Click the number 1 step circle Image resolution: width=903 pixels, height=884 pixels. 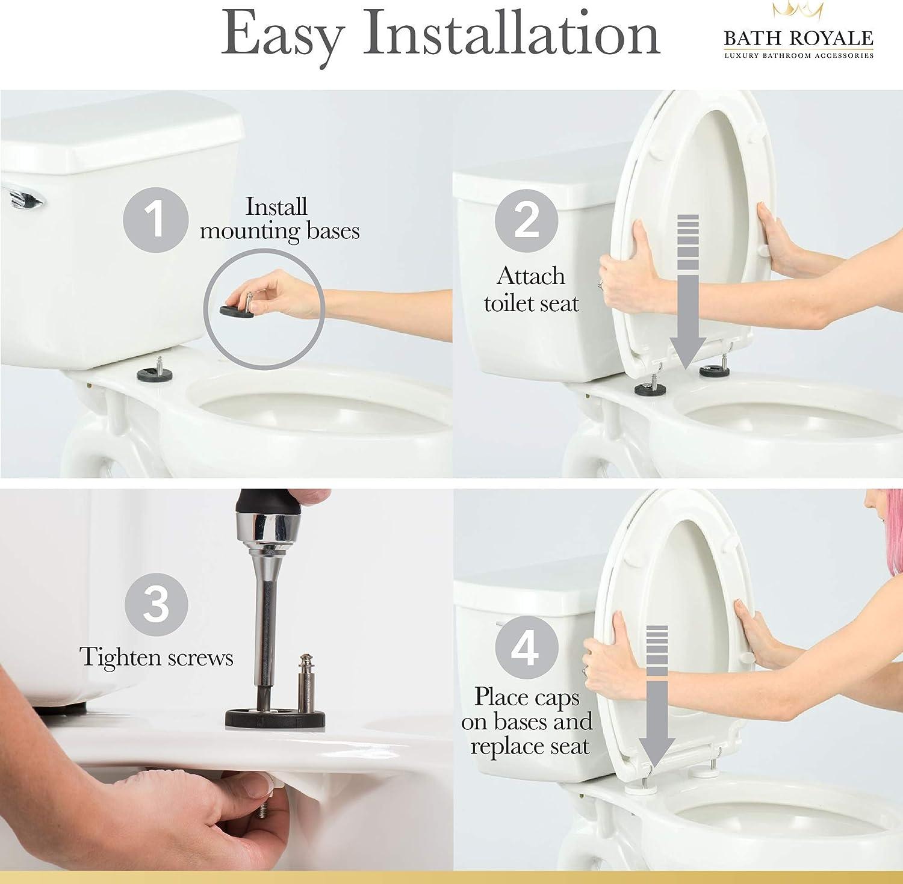point(155,218)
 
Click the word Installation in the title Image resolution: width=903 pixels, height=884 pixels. point(511,34)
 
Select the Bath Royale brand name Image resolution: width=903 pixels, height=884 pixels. point(798,39)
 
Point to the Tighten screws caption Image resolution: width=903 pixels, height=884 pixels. point(157,657)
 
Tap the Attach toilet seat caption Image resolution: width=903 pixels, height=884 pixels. point(531,289)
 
